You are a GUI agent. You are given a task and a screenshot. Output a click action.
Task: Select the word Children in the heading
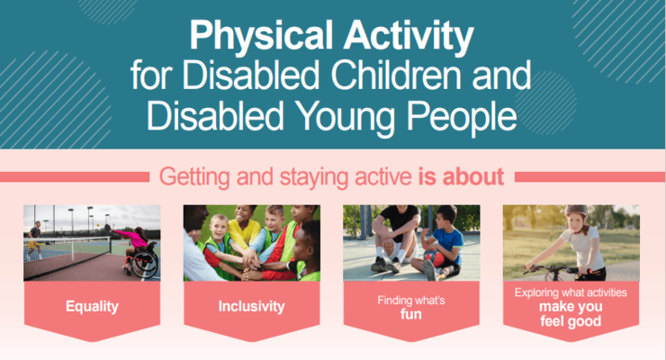(x=396, y=75)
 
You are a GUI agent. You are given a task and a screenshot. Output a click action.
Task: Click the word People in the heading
(x=462, y=117)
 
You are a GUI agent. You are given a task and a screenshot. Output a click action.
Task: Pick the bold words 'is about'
(x=461, y=176)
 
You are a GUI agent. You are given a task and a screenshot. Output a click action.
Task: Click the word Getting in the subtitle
(x=194, y=177)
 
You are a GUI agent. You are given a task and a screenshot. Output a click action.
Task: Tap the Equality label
(x=92, y=307)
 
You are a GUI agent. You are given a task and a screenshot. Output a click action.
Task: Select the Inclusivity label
(x=251, y=306)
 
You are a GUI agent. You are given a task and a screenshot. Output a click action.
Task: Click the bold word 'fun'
(x=411, y=314)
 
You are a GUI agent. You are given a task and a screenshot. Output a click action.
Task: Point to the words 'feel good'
(x=571, y=321)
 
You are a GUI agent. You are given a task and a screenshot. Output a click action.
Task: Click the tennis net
(x=67, y=256)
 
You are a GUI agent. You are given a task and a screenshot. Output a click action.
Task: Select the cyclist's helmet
(x=576, y=210)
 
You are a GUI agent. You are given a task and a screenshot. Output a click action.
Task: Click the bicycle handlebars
(x=560, y=270)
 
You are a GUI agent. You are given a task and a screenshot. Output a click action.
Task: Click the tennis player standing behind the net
(x=34, y=240)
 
